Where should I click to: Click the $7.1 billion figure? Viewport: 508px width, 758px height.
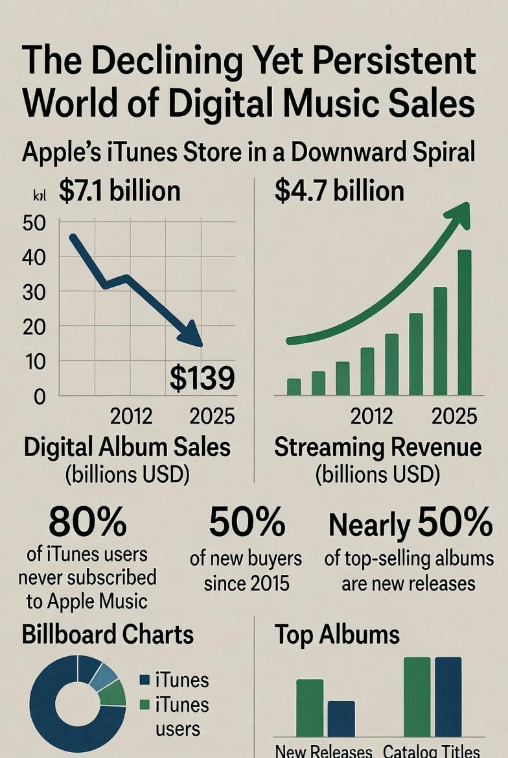119,191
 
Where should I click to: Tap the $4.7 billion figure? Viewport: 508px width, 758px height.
339,191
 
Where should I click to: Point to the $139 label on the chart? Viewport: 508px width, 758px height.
202,378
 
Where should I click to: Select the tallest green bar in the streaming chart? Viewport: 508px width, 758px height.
465,323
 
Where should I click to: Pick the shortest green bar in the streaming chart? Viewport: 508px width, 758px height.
294,387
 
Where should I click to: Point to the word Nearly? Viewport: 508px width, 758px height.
370,526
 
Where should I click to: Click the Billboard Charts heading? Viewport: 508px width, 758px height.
108,634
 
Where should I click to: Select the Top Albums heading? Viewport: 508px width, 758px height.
337,634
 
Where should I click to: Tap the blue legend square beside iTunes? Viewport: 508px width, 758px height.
145,680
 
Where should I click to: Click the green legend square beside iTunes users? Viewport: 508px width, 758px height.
145,705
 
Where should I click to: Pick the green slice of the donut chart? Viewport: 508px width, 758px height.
114,693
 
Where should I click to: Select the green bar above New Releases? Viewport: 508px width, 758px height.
310,707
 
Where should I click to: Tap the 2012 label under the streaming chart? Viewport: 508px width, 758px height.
371,416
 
